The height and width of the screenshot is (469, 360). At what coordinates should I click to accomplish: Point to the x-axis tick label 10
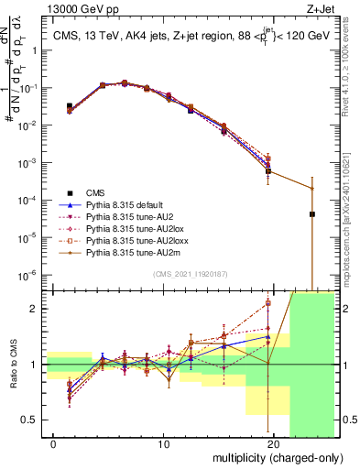coord(164,445)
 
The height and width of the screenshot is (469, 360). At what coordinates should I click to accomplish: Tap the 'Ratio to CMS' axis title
coord(12,365)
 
